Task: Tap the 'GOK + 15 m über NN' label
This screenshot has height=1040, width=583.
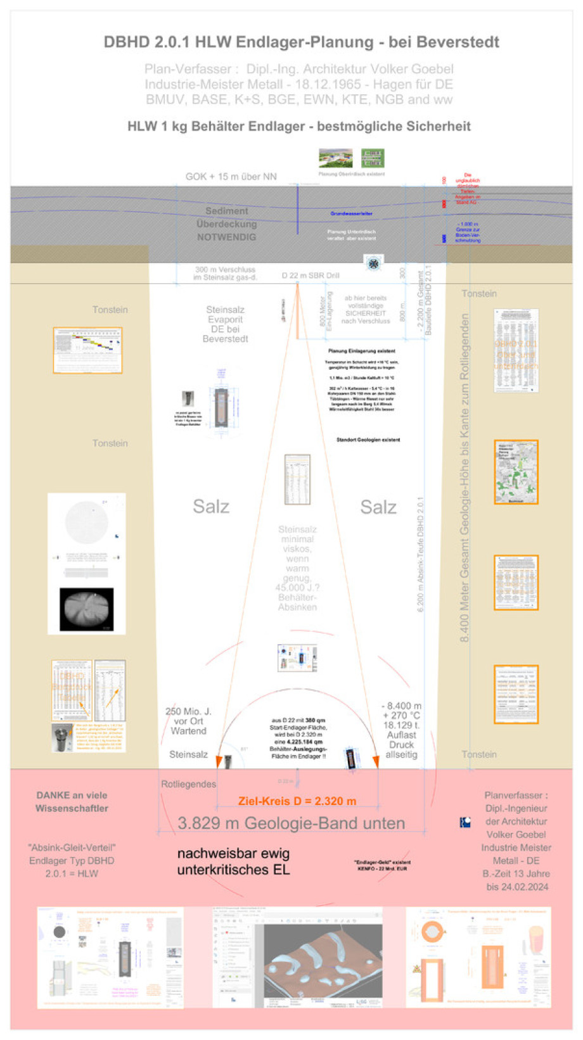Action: tap(231, 177)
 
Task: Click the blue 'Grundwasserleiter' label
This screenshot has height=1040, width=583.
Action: tap(351, 213)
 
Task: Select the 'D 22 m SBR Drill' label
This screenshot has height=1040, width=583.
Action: tap(311, 276)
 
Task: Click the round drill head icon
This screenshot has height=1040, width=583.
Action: tap(373, 263)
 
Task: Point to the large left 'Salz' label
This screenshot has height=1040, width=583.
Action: tap(211, 507)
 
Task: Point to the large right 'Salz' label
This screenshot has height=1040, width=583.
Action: tap(378, 507)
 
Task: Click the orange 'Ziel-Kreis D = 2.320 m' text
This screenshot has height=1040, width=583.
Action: tap(297, 801)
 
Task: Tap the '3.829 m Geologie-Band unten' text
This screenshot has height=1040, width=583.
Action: tap(291, 823)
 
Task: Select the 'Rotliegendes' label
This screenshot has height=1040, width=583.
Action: tap(188, 784)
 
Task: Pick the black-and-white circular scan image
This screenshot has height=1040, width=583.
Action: tap(87, 609)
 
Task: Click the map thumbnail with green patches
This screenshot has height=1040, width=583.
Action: tap(516, 472)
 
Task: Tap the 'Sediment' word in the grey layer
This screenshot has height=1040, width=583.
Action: tap(226, 211)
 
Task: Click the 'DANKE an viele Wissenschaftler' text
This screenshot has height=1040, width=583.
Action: tap(72, 802)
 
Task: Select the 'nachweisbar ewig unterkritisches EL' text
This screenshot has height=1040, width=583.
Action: tap(233, 862)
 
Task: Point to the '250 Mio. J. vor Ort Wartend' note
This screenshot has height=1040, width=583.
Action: tap(188, 721)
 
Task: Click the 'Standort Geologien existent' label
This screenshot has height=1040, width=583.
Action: tap(368, 440)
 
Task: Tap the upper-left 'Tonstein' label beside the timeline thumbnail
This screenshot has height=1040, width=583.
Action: tap(110, 310)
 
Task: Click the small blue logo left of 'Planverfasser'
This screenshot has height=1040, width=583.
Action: tap(465, 822)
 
